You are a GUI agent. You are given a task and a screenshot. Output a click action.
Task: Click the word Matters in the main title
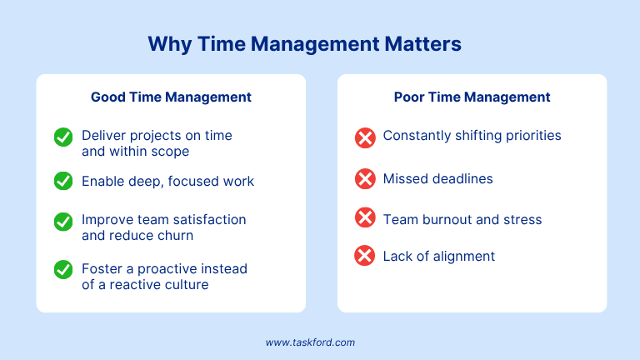422,43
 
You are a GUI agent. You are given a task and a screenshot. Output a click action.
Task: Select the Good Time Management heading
171,97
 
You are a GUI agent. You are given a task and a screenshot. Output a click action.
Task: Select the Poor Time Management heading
472,97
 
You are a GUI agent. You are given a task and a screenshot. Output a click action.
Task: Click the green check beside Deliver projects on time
63,137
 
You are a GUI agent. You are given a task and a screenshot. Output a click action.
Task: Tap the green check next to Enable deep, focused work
63,181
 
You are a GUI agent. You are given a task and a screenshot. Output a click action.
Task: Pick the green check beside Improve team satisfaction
63,222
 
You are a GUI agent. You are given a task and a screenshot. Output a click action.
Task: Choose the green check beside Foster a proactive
63,269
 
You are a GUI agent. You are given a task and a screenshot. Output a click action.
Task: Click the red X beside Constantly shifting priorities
365,137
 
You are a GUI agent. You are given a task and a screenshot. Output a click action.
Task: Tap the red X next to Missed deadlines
365,179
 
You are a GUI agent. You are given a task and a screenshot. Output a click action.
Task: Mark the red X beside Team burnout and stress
365,217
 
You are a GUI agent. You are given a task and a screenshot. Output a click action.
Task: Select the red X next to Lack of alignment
364,256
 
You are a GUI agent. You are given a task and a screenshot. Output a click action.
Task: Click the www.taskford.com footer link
310,342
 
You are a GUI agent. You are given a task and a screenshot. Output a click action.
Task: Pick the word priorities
533,136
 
